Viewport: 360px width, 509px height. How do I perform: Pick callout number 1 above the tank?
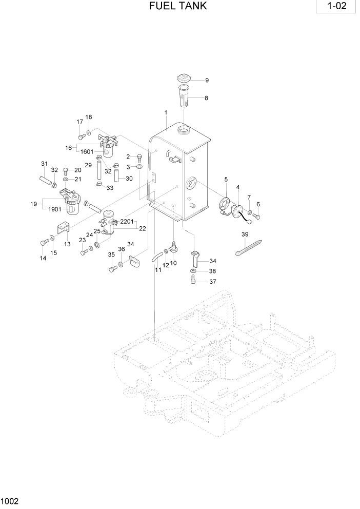(x=166, y=112)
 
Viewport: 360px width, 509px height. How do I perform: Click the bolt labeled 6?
(x=256, y=217)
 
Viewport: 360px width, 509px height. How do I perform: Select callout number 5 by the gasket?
(x=226, y=179)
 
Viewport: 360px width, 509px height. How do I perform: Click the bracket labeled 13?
(x=62, y=227)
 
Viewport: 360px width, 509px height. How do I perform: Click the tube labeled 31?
(x=46, y=181)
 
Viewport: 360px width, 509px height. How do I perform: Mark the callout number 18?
(x=89, y=117)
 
